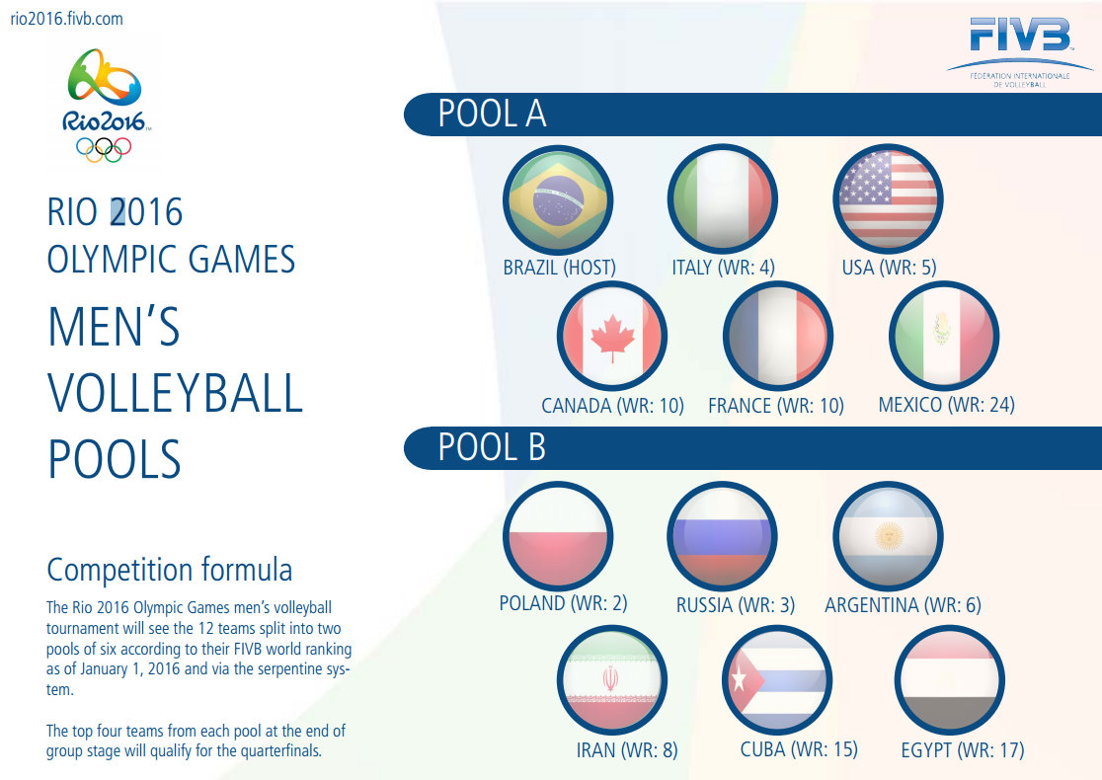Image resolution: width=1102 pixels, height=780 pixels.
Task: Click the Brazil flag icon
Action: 558,200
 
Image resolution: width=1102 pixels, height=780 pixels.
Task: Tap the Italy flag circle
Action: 722,200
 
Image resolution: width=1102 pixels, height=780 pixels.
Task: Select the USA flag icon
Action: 888,200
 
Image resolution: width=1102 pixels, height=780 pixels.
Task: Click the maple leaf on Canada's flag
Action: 611,337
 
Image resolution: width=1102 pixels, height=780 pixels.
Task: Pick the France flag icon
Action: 777,337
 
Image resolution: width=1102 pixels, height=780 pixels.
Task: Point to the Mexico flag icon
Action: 944,337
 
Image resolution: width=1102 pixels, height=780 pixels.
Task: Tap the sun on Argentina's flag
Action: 889,535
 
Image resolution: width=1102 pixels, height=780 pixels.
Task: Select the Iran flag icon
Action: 611,679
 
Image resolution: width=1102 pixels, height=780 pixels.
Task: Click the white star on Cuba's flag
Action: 739,679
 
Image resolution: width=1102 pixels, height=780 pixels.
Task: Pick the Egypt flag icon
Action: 949,679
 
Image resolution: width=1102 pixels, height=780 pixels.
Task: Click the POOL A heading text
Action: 492,115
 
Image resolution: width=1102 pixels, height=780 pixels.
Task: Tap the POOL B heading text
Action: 492,448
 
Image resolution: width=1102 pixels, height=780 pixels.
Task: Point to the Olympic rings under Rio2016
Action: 103,148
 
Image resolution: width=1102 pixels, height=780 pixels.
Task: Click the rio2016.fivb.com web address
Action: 65,19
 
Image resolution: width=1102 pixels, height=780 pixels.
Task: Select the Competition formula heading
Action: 170,571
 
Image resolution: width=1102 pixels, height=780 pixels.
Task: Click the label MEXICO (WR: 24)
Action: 946,405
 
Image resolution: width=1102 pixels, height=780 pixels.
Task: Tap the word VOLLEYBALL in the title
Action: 175,393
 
